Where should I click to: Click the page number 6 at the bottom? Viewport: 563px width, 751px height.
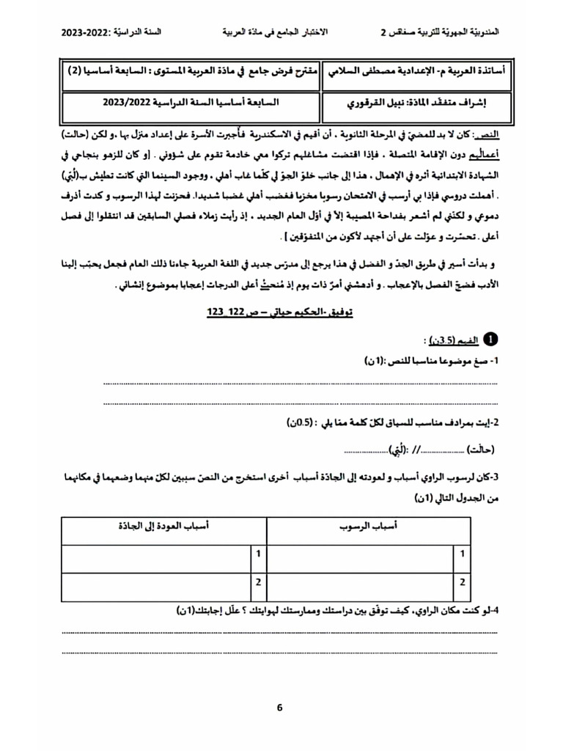(279, 708)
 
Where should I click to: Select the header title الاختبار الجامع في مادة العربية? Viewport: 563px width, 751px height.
(275, 33)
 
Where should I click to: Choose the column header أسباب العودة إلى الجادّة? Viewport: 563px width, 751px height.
(164, 527)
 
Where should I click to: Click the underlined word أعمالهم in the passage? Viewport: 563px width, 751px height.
(482, 155)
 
